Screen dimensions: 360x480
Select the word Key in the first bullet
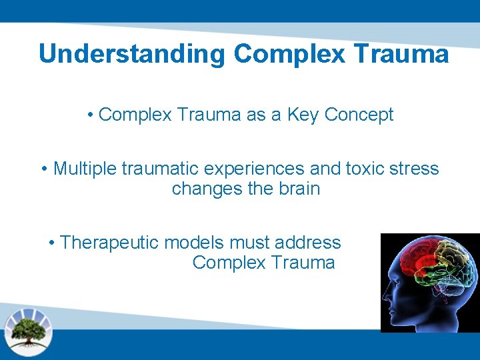tap(303, 115)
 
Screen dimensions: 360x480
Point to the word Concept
tap(359, 115)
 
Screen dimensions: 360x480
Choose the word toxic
tap(359, 169)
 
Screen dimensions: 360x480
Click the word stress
tap(413, 169)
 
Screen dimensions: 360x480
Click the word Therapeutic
tap(110, 243)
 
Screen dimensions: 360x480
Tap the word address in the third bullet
tap(308, 243)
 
